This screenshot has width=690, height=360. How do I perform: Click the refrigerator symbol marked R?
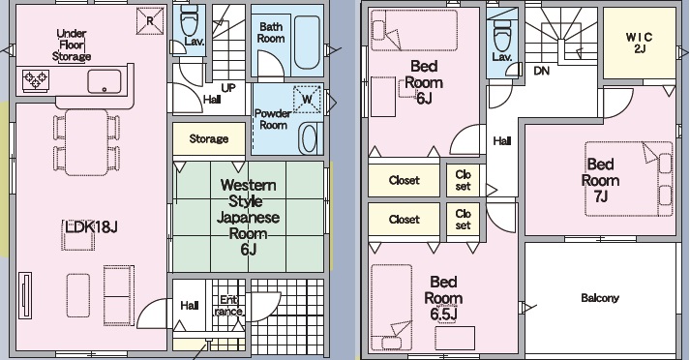[150, 20]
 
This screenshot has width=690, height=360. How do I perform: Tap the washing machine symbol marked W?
[307, 99]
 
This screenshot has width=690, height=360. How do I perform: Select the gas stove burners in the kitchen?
[36, 80]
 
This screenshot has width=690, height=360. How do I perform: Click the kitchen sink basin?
[105, 82]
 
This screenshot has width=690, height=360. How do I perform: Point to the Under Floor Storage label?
[72, 45]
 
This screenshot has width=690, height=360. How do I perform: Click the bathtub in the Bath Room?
[307, 43]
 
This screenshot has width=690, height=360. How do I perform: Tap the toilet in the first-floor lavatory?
[190, 20]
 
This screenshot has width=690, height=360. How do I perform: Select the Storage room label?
[209, 139]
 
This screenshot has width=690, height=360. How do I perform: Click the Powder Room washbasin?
[309, 138]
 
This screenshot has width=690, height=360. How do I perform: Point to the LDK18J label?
[91, 227]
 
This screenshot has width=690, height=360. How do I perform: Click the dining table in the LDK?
[86, 142]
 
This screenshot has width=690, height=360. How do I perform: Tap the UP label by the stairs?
[228, 88]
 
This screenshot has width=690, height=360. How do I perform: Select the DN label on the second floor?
[541, 71]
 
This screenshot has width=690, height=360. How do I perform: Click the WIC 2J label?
[640, 43]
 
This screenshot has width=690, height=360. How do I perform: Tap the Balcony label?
[600, 298]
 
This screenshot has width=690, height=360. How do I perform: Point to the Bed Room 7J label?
[600, 180]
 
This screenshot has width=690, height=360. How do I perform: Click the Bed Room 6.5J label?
[443, 298]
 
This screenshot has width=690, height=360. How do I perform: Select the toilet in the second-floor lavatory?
[502, 36]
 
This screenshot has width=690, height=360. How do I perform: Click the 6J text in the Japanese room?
[248, 250]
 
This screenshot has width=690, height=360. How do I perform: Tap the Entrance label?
[228, 306]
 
